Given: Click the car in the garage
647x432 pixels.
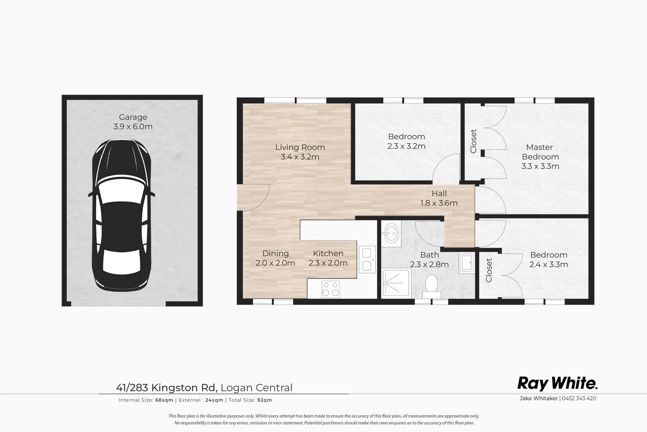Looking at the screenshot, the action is pyautogui.click(x=122, y=215).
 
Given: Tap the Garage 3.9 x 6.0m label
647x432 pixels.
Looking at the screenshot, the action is pyautogui.click(x=133, y=122).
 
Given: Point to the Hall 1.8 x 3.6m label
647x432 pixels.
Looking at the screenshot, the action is pyautogui.click(x=439, y=198).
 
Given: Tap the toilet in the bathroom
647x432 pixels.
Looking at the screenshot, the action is pyautogui.click(x=431, y=286).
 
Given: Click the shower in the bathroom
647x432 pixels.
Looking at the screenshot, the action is pyautogui.click(x=396, y=283).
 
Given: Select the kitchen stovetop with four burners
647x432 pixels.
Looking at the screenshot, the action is pyautogui.click(x=331, y=289).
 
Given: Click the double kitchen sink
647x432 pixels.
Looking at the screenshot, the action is pyautogui.click(x=367, y=260).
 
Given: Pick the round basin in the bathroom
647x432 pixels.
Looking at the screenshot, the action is pyautogui.click(x=391, y=233).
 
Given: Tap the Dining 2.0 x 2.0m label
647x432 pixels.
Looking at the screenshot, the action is pyautogui.click(x=275, y=258).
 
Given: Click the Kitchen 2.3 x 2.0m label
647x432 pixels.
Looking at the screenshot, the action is pyautogui.click(x=328, y=258).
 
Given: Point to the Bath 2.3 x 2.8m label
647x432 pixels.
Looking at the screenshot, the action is pyautogui.click(x=429, y=260).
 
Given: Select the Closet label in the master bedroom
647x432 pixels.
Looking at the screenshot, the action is pyautogui.click(x=473, y=141).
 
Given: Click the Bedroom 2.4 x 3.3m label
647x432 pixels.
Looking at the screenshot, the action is pyautogui.click(x=549, y=260).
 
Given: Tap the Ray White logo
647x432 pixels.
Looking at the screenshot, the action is pyautogui.click(x=557, y=384).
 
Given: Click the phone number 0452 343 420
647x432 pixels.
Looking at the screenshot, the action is pyautogui.click(x=579, y=398).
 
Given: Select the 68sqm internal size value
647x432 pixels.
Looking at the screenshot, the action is pyautogui.click(x=164, y=400).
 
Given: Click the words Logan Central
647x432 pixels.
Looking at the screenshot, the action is pyautogui.click(x=256, y=388).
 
